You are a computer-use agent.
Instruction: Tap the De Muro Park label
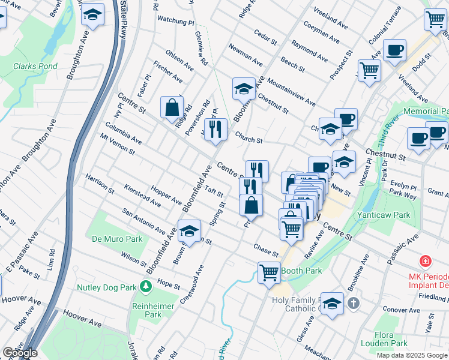(x=117, y=239)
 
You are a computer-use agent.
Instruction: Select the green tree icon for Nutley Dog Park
(x=145, y=287)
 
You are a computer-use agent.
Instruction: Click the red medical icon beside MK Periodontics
(x=426, y=262)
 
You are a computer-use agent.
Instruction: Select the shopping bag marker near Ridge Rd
(x=172, y=108)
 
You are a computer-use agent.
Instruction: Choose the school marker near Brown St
(x=189, y=231)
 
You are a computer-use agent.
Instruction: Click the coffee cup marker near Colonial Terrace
(x=394, y=51)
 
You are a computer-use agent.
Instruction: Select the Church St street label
(x=249, y=137)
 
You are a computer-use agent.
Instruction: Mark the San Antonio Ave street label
(x=143, y=221)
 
